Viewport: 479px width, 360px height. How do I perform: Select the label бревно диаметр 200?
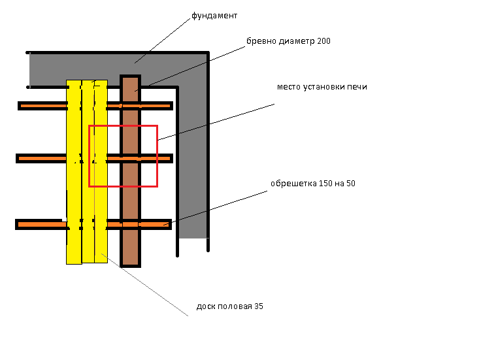coord(288,41)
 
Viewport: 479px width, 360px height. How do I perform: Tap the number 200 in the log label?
coord(323,41)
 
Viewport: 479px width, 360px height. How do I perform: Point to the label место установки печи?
coord(322,87)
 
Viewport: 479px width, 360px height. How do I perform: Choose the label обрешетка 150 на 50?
coord(313,184)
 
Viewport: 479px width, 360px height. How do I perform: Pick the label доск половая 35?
coord(230,306)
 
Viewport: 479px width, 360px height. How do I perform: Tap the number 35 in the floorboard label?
coord(259,306)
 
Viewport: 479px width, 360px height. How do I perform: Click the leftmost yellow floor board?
coord(74,196)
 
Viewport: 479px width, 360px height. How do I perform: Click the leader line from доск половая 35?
coord(147,285)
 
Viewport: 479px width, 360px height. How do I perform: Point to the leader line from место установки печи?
coord(216,121)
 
